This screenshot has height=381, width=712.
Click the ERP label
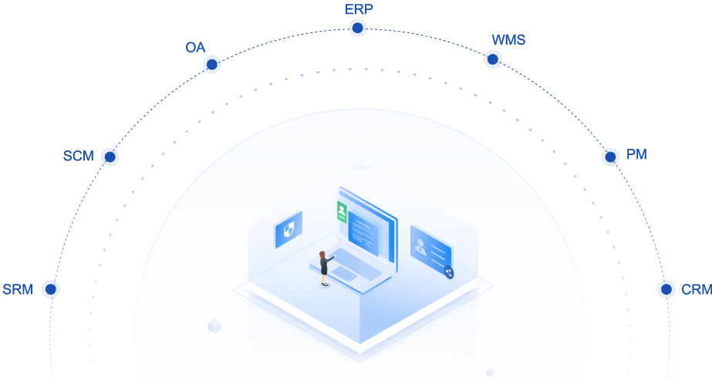coord(357,9)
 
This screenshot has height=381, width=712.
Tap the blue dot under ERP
coord(357,29)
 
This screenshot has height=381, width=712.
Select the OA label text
coord(195,48)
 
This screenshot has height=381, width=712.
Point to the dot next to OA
coord(211,65)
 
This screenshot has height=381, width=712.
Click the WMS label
coord(508,40)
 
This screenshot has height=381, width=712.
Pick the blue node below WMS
coord(492,59)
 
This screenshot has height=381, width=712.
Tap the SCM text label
coord(78,157)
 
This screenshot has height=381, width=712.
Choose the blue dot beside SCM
coord(110,157)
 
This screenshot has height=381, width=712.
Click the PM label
coord(636,155)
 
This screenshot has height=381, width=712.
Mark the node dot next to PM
coord(610,157)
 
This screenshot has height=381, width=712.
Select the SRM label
coord(17,290)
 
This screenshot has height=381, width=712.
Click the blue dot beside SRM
coord(51,289)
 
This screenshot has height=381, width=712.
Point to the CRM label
coord(696,290)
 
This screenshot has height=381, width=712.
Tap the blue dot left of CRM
coord(666,289)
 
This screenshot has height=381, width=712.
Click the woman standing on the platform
coord(325,268)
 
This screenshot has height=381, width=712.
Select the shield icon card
coord(289,230)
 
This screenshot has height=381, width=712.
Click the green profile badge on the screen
coord(341,211)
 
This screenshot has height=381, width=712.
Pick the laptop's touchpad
coord(345,274)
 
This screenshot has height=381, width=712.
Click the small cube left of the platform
coord(214,329)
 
